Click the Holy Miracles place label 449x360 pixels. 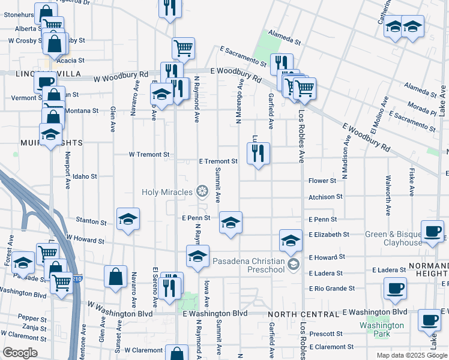167,192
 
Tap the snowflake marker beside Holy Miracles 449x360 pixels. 202,192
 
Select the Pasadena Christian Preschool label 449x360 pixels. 249,265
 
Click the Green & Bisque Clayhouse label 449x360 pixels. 394,238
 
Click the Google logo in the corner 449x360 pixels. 20,353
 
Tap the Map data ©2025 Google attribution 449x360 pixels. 411,355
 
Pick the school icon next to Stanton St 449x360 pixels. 128,220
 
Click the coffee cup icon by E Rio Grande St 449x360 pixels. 396,288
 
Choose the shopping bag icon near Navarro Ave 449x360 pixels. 115,277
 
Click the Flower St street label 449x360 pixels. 322,181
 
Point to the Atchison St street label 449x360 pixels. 325,196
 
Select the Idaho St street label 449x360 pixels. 85,176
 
